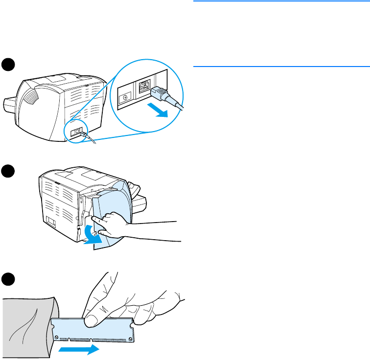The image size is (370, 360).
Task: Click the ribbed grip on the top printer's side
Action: click(29, 93)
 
